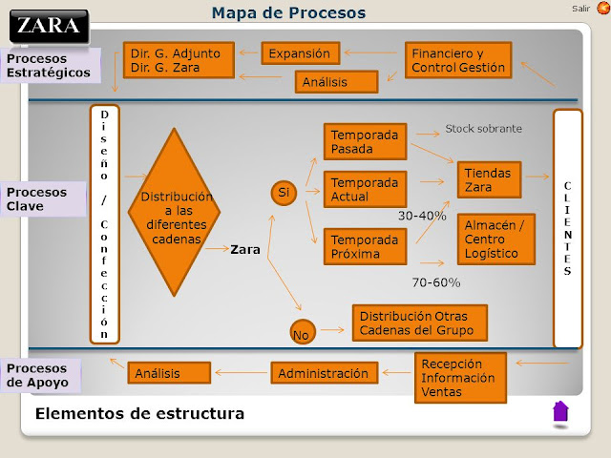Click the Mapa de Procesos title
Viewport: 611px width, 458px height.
click(288, 12)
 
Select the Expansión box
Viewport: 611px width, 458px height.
click(300, 53)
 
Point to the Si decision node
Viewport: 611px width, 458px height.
click(284, 194)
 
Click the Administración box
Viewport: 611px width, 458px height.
click(325, 373)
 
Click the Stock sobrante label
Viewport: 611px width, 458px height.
click(484, 129)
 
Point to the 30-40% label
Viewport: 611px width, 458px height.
click(422, 216)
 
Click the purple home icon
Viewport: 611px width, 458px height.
click(560, 411)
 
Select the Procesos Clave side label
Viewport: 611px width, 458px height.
click(42, 198)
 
